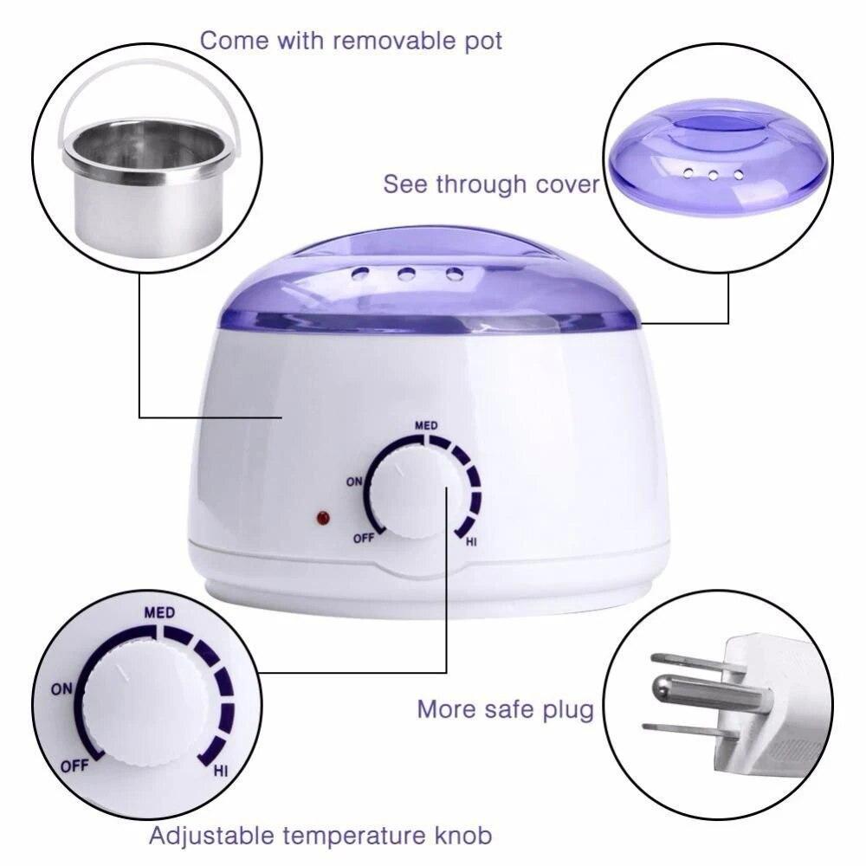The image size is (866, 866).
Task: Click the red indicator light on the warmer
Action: coord(323,519)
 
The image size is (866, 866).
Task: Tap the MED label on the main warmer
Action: coord(425,425)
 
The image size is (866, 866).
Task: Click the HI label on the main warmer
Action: coord(472,542)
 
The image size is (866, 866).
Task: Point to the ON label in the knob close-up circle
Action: coord(61,689)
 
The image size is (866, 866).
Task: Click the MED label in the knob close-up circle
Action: coord(159,613)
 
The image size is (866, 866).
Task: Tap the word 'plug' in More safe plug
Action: coord(566,710)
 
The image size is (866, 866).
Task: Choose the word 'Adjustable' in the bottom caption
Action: coord(215,836)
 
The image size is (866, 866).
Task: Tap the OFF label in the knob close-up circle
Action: coord(74,766)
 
